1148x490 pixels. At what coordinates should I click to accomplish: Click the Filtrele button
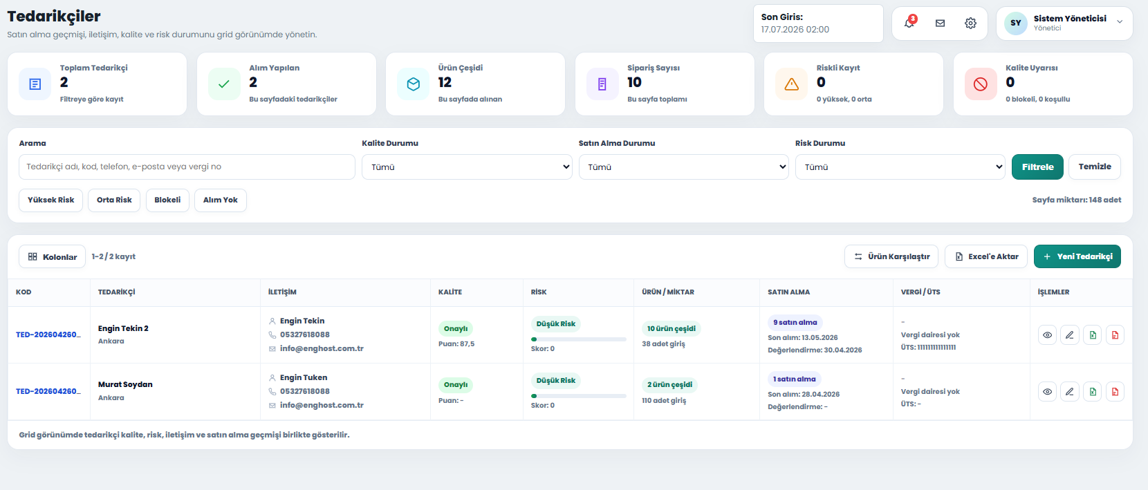(x=1037, y=167)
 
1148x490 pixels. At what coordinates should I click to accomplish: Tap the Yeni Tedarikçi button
(x=1077, y=256)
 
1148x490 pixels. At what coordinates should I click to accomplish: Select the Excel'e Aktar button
(x=986, y=256)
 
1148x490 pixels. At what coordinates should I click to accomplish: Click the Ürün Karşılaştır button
(x=891, y=256)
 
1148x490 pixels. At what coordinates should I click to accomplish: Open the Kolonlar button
(x=53, y=256)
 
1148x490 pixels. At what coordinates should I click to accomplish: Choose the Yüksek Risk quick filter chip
(x=50, y=200)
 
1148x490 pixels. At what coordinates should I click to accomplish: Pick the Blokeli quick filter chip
(x=167, y=200)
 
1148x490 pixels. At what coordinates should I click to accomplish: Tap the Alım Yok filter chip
(x=221, y=200)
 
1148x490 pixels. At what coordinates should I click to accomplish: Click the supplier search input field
(x=187, y=167)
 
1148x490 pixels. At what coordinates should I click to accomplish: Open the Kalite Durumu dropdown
(x=467, y=167)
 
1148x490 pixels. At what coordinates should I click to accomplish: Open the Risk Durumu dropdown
(x=900, y=167)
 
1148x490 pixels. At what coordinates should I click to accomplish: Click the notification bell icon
(x=909, y=23)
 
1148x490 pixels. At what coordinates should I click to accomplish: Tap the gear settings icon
(x=970, y=23)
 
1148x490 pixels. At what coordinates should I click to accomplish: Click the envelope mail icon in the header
(x=940, y=23)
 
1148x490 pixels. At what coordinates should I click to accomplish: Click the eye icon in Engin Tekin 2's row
(x=1047, y=335)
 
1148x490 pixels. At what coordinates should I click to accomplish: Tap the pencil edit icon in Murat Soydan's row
(x=1070, y=392)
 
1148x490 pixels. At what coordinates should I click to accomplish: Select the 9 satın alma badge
(x=795, y=323)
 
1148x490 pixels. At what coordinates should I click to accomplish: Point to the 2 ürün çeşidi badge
(x=669, y=384)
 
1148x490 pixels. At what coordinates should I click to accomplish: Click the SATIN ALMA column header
(x=789, y=292)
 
